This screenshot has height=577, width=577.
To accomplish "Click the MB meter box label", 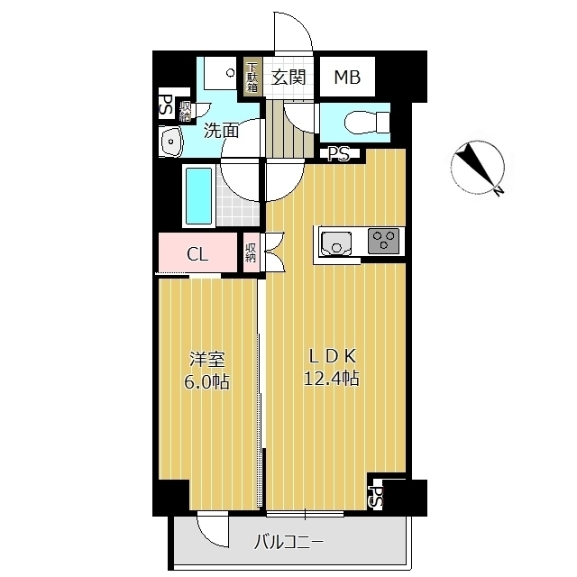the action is pos(347,78).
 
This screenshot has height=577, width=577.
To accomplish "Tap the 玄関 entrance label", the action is pos(288,78).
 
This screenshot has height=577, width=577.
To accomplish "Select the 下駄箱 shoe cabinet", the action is pos(252,78).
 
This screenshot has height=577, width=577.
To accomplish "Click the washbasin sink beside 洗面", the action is pos(170,141).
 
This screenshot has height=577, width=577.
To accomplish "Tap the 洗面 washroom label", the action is pos(222,130).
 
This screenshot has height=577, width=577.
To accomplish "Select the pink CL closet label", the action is pos(197,253).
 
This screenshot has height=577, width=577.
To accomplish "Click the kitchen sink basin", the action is pos(336,243).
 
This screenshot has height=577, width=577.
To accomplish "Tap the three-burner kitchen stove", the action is pos(383,241).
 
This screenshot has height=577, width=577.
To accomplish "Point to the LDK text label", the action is pos(333,356).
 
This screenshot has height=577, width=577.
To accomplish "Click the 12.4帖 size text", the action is pos(331,378).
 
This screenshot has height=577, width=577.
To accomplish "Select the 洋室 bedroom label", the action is pos(206,360).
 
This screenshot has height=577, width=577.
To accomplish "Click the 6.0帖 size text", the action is pos(206,381).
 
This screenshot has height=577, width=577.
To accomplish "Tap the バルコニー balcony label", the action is pos(289,542).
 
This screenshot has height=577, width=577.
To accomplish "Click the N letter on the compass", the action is pos(499,191).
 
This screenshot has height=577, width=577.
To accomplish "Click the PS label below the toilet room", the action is pos(339,154).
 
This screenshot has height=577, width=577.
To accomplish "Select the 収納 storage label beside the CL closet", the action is pos(251,252).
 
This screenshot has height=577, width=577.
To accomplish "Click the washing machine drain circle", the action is pos(231,73).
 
